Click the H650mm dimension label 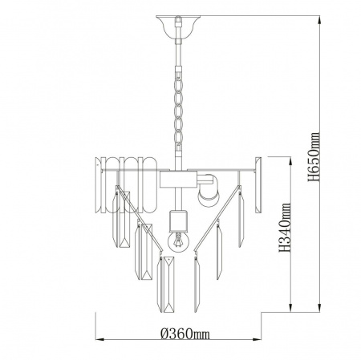point(314,156)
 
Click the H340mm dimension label point(285,228)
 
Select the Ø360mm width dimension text point(185,334)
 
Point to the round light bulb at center point(178,241)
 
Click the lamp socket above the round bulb point(178,220)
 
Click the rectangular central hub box point(178,180)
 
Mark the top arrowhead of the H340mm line point(290,161)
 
